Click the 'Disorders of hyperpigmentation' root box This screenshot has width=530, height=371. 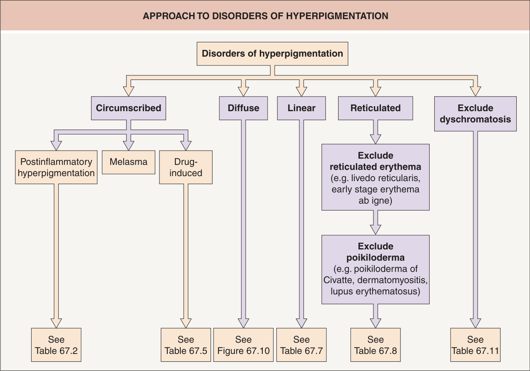click(x=272, y=54)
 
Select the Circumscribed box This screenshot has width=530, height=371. click(x=129, y=108)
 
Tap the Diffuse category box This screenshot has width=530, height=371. click(x=243, y=108)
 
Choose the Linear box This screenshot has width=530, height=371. click(x=301, y=108)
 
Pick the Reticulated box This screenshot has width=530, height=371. click(x=376, y=108)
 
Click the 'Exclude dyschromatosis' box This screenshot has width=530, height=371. click(x=475, y=114)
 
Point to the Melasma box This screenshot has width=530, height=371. click(x=129, y=162)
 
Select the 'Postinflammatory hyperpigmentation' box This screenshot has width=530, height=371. click(x=56, y=167)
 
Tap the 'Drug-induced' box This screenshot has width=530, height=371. click(x=186, y=167)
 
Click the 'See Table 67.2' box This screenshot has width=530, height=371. click(x=56, y=345)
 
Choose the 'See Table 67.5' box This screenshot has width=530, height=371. click(x=186, y=345)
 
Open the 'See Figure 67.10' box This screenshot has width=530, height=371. click(x=243, y=345)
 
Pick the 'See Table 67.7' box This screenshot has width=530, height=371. click(x=301, y=345)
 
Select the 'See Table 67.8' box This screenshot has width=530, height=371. click(x=376, y=345)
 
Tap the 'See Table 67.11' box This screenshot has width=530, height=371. click(x=475, y=345)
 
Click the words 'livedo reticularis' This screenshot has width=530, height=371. click(x=386, y=178)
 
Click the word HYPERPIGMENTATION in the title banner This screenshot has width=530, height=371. click(x=337, y=16)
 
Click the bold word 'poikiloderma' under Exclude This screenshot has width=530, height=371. click(x=376, y=258)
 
